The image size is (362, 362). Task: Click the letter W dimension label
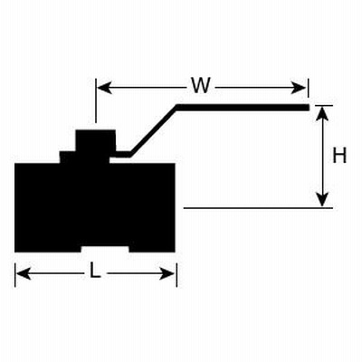tap(201, 85)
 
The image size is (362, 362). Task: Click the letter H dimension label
tap(339, 156)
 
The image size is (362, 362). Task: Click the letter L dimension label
tap(95, 270)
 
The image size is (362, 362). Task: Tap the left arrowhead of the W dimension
tap(105, 88)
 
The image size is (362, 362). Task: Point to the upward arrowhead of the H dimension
tap(323, 114)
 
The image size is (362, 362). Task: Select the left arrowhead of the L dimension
tap(24, 273)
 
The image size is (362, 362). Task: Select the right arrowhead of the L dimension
tap(167, 273)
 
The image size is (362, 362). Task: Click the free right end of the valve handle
tap(309, 108)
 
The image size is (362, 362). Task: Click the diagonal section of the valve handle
tap(154, 130)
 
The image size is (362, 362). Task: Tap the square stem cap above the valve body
tap(95, 141)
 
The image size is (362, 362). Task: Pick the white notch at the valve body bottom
tap(105, 249)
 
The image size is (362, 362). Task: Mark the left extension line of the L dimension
tap(15, 274)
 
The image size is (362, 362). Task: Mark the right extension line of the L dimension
tap(176, 274)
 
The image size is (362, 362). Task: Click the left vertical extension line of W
tap(96, 100)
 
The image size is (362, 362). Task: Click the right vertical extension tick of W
tap(308, 88)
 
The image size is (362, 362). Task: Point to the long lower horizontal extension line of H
tap(258, 208)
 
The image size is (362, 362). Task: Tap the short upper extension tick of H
tap(323, 106)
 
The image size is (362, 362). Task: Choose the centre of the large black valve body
tap(95, 207)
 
